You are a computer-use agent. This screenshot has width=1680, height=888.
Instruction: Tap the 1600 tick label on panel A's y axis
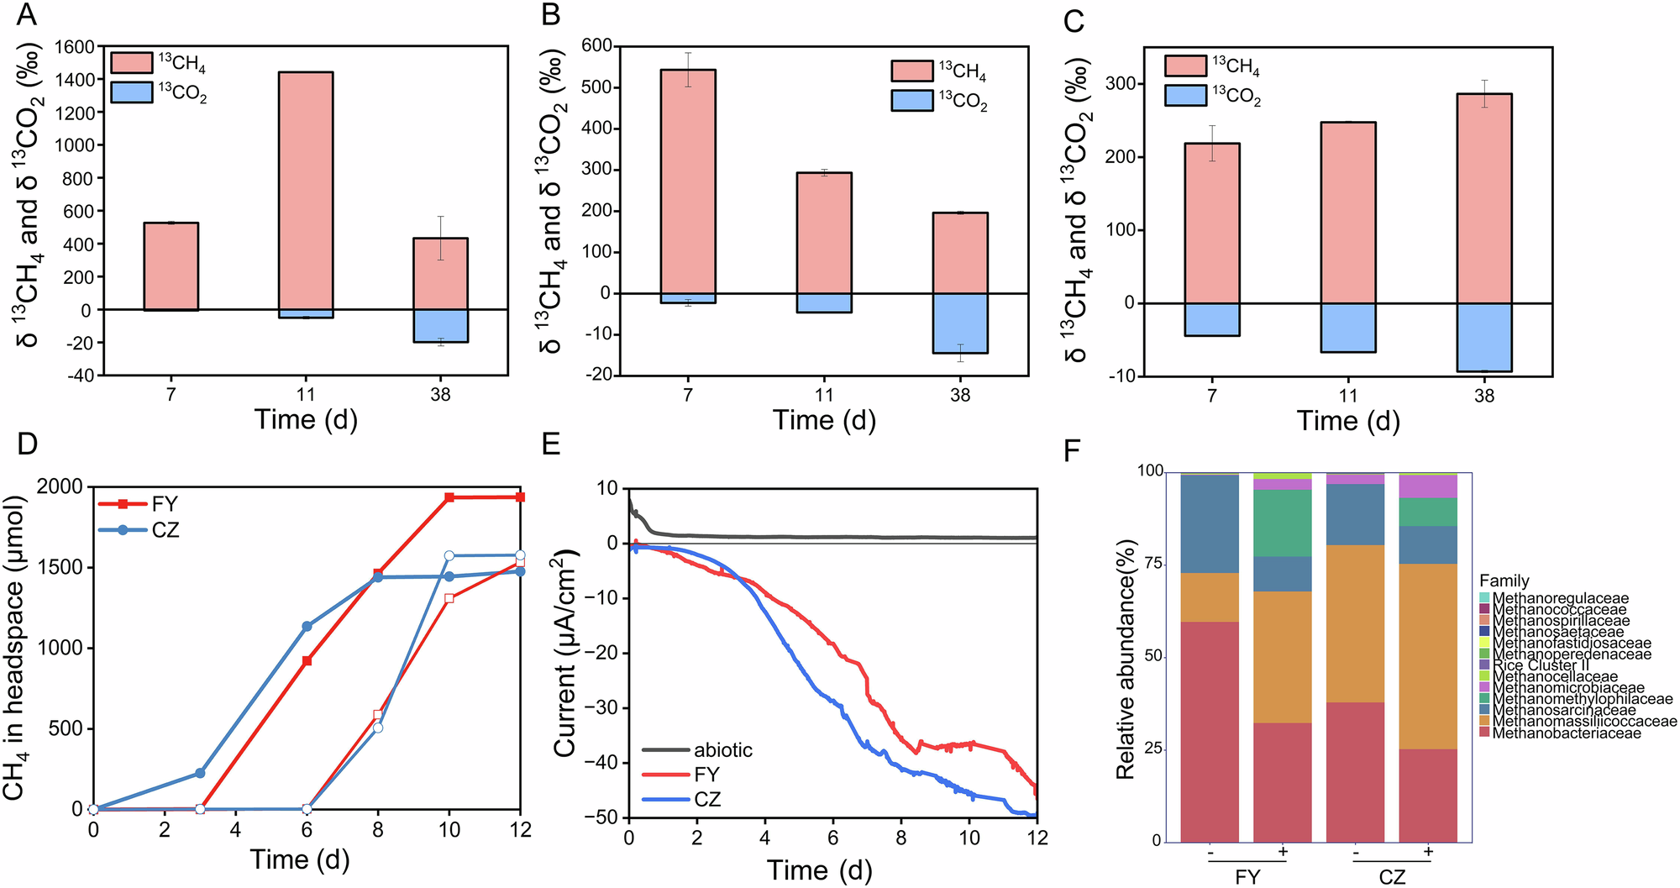pos(74,47)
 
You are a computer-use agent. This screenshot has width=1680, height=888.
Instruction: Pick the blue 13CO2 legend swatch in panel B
pos(912,101)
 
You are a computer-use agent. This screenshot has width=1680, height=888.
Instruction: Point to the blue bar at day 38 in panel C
pos(1483,337)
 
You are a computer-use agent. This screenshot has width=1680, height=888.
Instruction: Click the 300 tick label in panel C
pos(1121,84)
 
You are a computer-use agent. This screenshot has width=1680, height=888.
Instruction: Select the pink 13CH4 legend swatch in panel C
pos(1185,66)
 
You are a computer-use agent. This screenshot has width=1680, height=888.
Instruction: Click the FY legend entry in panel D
pos(165,504)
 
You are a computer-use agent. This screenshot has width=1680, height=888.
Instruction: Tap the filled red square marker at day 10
pos(449,497)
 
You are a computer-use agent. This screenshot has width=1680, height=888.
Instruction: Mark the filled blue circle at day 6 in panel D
pos(307,626)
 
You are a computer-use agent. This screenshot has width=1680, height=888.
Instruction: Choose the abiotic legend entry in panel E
pos(722,750)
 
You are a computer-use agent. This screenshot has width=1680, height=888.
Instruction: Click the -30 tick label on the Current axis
pos(598,708)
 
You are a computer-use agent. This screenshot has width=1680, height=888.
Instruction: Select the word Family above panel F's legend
pos(1504,581)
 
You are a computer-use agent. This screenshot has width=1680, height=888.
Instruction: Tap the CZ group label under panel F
pos(1392,877)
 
